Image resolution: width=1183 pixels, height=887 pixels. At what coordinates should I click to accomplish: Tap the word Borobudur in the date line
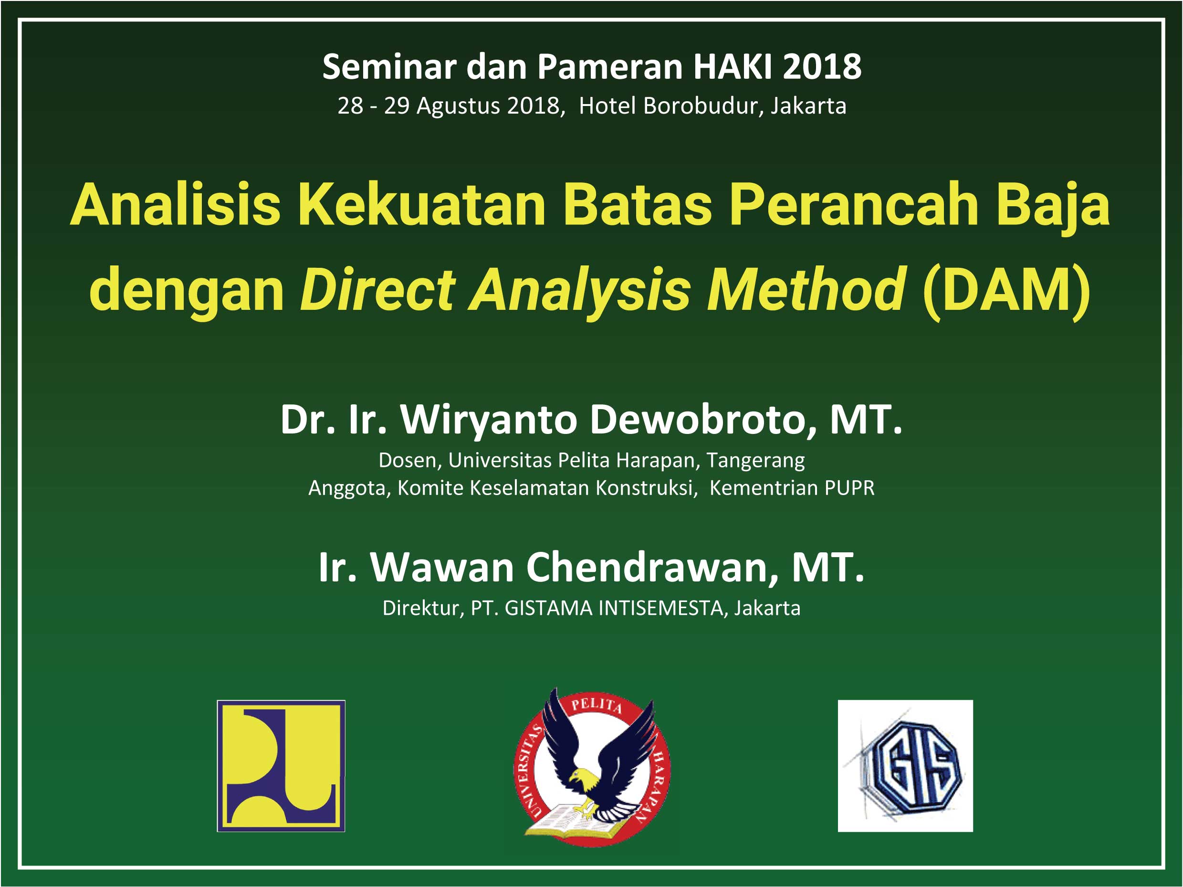pyautogui.click(x=704, y=106)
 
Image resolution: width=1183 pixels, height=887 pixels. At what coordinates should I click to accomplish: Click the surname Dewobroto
pyautogui.click(x=703, y=420)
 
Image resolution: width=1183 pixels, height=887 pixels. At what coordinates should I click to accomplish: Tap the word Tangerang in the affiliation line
pyautogui.click(x=756, y=460)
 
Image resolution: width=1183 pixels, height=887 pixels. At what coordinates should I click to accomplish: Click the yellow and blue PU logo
pyautogui.click(x=281, y=766)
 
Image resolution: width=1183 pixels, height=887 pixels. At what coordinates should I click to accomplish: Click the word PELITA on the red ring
pyautogui.click(x=597, y=705)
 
